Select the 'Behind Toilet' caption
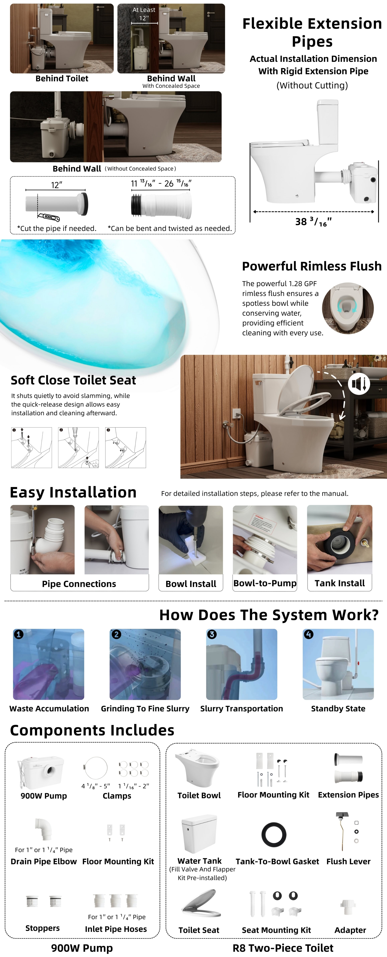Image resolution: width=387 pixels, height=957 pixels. pos(62,78)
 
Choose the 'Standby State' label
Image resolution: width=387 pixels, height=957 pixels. pos(338,708)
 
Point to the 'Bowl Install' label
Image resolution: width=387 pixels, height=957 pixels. pos(191,584)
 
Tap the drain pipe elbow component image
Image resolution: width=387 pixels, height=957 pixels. pos(44,829)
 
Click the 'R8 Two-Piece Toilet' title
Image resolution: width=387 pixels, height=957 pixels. pos(283,948)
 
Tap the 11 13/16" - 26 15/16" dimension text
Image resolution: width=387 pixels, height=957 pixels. pos(161,183)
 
